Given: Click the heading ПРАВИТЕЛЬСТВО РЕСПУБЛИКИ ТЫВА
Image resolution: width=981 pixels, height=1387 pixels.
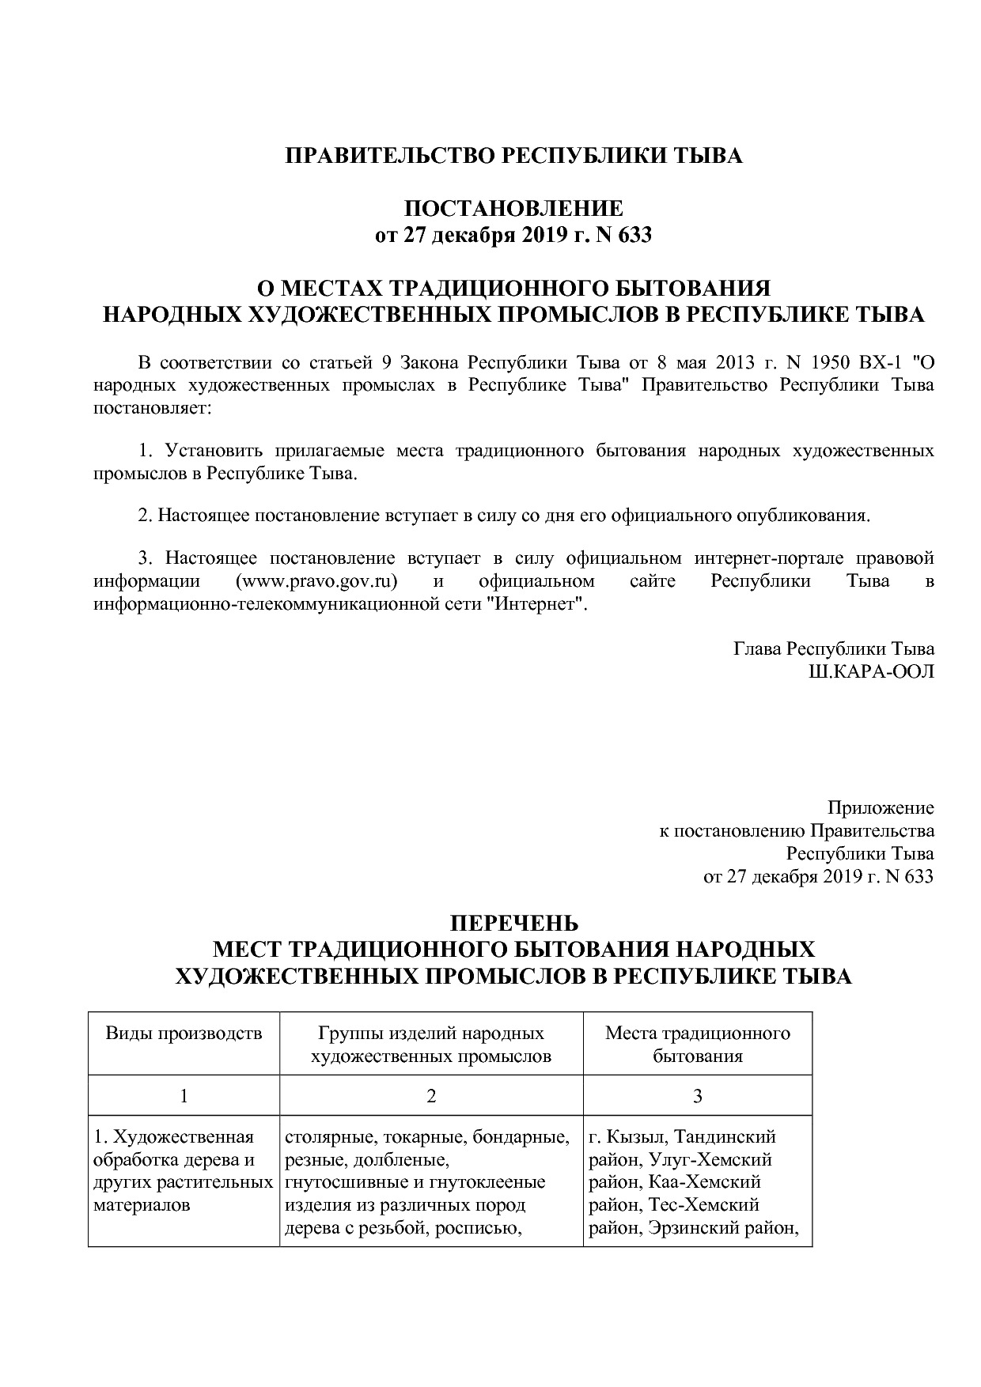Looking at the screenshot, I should [513, 156].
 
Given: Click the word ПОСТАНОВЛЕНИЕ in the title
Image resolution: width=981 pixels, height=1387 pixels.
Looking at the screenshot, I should [513, 210].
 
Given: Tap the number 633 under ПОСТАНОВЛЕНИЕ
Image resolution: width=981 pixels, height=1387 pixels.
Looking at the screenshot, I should [634, 236].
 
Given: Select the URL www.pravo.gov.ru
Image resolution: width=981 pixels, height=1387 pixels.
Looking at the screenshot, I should [316, 581].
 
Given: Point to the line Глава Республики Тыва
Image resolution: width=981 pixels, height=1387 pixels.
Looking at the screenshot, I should [834, 649].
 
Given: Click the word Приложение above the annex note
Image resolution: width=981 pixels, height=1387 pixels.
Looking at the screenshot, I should [880, 808].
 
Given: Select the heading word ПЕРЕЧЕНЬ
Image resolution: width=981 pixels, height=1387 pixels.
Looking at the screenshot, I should [513, 924].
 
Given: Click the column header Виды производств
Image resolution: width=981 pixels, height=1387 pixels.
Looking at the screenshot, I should [184, 1033].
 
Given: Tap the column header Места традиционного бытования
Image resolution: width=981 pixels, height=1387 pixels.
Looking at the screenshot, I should [697, 1044].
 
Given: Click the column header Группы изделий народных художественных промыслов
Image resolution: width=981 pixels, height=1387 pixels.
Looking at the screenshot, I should [431, 1044].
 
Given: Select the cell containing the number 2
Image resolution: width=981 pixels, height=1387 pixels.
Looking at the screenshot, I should [431, 1096].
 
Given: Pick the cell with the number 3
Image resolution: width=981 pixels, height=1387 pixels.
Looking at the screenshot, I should [697, 1096].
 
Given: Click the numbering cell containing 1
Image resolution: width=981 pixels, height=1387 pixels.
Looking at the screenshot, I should [184, 1096].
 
